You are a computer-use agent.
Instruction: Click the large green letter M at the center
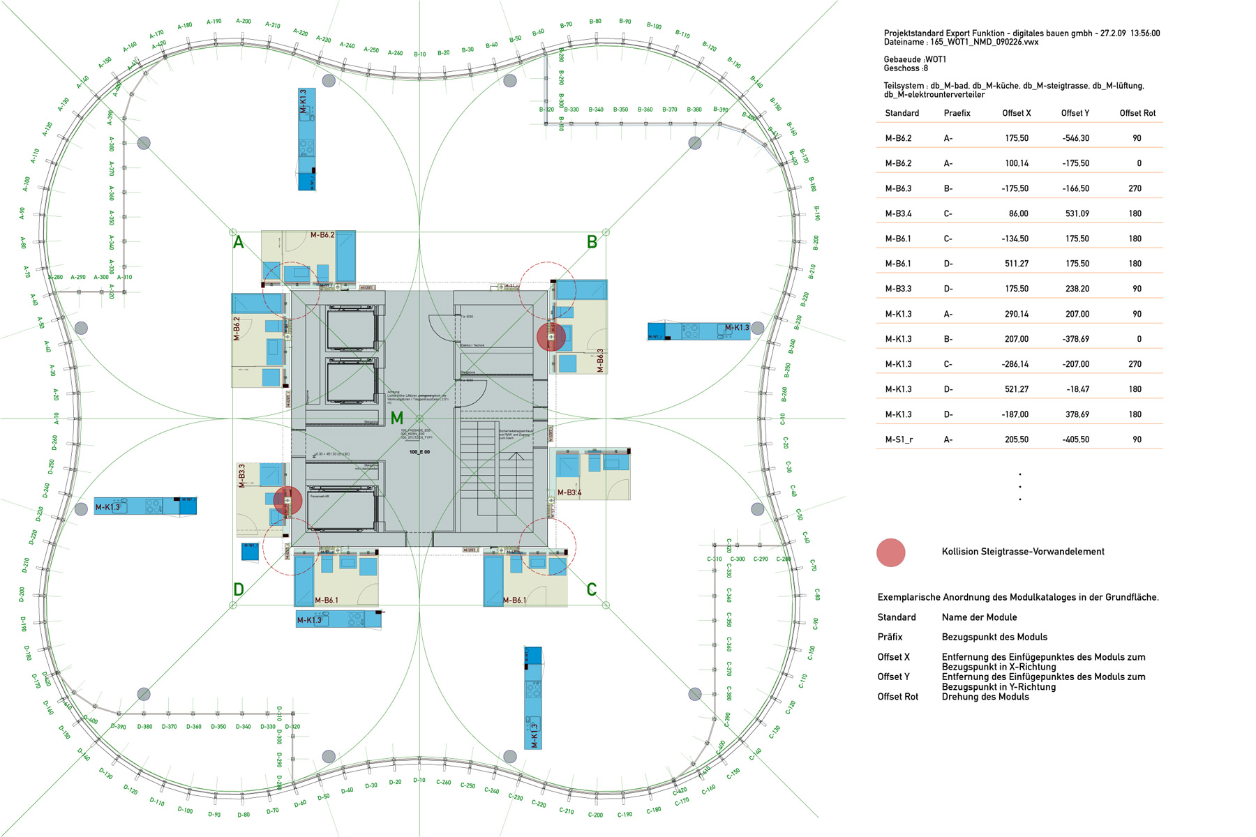point(396,418)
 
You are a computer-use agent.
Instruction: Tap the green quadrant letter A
point(239,243)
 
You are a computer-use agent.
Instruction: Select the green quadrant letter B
point(592,243)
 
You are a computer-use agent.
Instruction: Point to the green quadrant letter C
point(592,589)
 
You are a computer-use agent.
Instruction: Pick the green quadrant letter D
point(239,589)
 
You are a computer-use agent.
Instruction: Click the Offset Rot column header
point(1137,113)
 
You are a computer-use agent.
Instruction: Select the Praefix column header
point(957,113)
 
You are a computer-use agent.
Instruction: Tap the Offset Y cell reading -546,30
point(1076,138)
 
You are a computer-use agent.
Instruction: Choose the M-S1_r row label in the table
point(899,439)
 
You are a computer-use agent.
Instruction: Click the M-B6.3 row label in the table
point(898,188)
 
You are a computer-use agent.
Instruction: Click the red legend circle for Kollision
point(890,552)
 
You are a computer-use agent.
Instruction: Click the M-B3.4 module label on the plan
point(569,492)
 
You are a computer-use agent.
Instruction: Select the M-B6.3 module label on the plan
point(600,361)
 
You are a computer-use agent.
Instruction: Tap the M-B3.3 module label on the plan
point(241,475)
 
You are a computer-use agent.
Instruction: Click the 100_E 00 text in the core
point(419,452)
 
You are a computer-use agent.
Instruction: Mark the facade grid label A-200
point(244,22)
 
